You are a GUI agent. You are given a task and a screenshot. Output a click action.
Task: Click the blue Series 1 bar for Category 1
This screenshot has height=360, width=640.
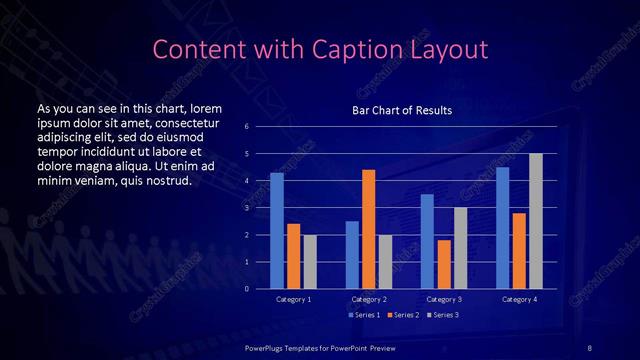[x=277, y=231]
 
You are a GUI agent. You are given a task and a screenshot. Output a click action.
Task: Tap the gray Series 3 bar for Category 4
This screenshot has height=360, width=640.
[x=536, y=221]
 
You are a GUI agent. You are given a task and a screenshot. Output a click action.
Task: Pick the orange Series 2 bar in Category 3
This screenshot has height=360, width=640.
[x=444, y=264]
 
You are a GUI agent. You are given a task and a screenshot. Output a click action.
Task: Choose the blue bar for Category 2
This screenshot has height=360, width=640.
[x=352, y=255]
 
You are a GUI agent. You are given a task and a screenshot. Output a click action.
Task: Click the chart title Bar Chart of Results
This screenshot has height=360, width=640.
[x=403, y=110]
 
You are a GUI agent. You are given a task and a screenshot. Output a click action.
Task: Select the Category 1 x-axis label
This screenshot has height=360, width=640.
[x=294, y=299]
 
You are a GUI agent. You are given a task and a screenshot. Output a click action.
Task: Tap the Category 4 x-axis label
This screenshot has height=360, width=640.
[x=519, y=299]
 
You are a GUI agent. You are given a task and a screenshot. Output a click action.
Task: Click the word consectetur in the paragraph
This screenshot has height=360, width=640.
[x=180, y=121]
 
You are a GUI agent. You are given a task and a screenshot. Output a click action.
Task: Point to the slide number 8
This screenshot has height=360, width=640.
[x=589, y=345]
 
